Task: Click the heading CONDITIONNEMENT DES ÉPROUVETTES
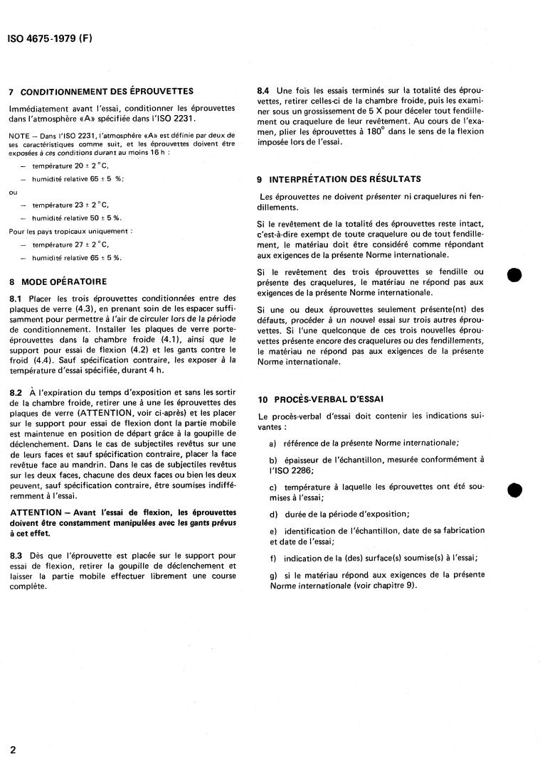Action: pyautogui.click(x=107, y=92)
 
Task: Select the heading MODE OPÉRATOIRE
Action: pyautogui.click(x=64, y=281)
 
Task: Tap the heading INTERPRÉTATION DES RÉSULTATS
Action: pyautogui.click(x=345, y=179)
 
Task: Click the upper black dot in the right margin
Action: pyautogui.click(x=517, y=276)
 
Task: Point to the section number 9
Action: pyautogui.click(x=261, y=179)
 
